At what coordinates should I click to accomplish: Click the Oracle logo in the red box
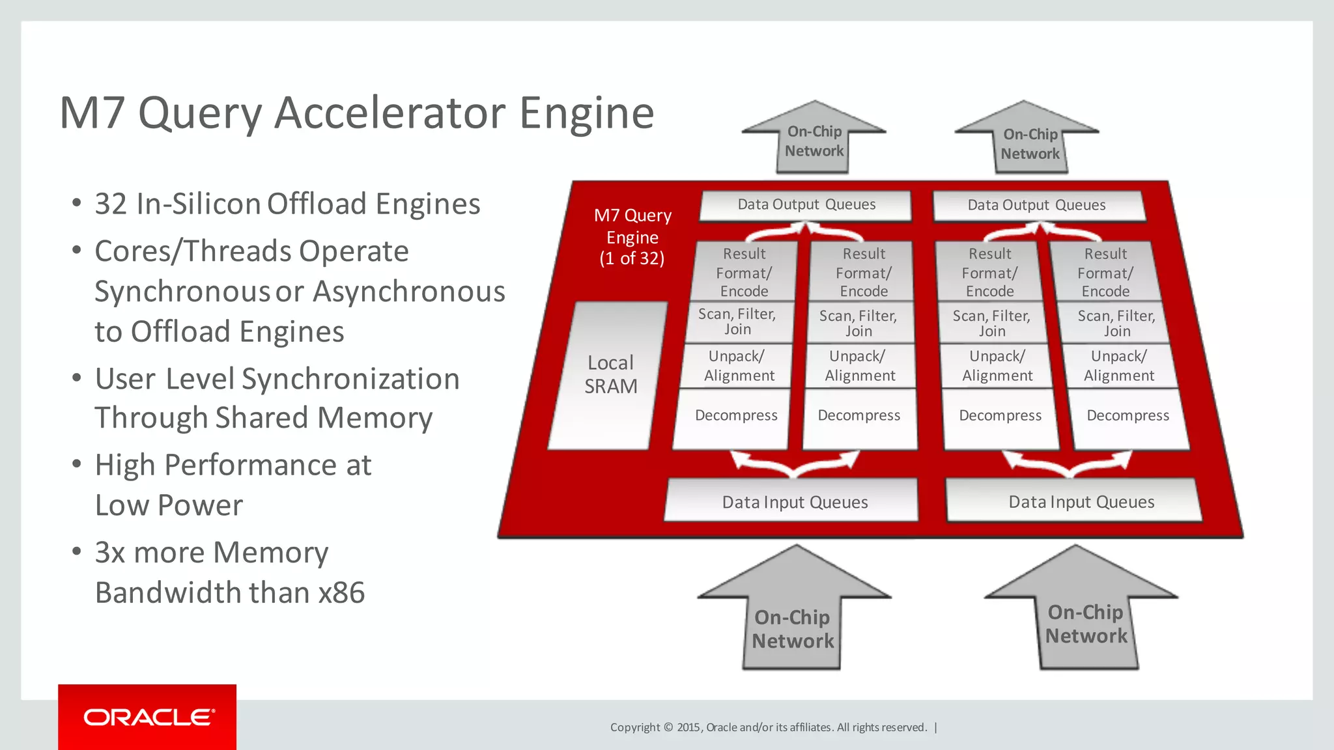[149, 717]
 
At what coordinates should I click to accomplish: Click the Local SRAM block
[610, 375]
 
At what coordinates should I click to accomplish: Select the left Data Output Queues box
[806, 204]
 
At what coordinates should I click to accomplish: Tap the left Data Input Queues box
[794, 501]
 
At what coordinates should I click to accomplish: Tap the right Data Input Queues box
[1081, 501]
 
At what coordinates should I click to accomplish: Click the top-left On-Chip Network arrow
[814, 140]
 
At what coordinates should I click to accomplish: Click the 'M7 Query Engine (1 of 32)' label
[632, 237]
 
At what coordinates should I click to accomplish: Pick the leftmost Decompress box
[735, 415]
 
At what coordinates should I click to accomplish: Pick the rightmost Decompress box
[1128, 415]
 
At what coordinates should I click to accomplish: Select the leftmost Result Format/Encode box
[744, 272]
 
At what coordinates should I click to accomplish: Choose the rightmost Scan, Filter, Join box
[1116, 324]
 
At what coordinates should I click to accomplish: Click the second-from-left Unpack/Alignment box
[859, 366]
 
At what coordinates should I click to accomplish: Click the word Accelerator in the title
[390, 113]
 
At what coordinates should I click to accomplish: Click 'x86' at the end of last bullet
[341, 593]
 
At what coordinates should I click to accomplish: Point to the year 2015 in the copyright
[688, 727]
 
